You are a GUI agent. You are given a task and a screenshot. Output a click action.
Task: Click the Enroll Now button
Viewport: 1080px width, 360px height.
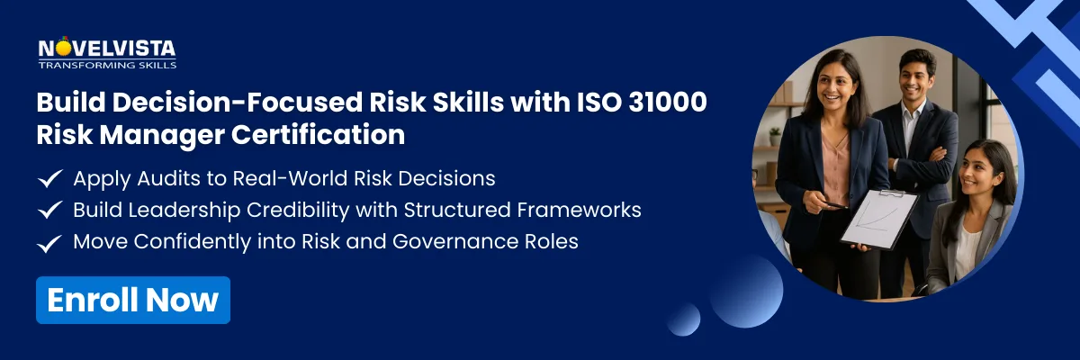(133, 300)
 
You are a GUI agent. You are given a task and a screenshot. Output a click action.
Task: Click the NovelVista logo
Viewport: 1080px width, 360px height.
(106, 49)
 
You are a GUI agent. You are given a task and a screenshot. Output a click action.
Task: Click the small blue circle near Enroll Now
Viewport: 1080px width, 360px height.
(684, 319)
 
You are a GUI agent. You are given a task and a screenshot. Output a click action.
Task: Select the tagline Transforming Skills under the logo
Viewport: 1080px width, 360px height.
(106, 65)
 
